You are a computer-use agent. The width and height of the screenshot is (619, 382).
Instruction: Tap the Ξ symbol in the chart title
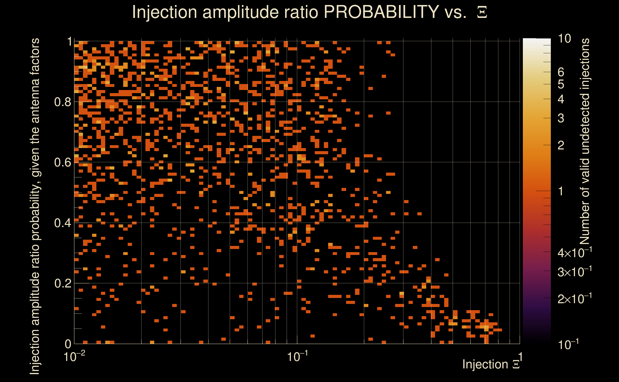coord(482,12)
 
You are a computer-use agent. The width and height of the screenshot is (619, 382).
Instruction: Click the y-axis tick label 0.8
coord(63,102)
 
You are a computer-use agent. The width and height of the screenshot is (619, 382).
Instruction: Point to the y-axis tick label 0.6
coord(63,162)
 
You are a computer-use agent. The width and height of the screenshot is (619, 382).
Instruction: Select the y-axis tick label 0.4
coord(63,223)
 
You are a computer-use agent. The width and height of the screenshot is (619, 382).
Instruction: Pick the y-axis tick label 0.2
coord(63,283)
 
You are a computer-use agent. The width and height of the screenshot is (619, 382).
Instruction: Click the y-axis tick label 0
coord(68,344)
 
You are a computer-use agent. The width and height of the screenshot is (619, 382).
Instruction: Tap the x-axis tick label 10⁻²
coord(74,357)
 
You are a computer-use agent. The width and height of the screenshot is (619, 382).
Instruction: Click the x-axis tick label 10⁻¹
coord(297,357)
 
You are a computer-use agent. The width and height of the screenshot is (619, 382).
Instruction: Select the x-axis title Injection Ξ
coord(491,364)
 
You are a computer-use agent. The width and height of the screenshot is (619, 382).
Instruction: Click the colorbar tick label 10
coord(564,39)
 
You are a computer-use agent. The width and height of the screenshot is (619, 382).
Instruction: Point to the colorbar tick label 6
coord(561,72)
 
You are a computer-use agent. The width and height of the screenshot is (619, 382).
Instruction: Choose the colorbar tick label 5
coord(561,84)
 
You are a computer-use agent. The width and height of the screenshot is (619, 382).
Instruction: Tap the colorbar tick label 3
coord(561,118)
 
